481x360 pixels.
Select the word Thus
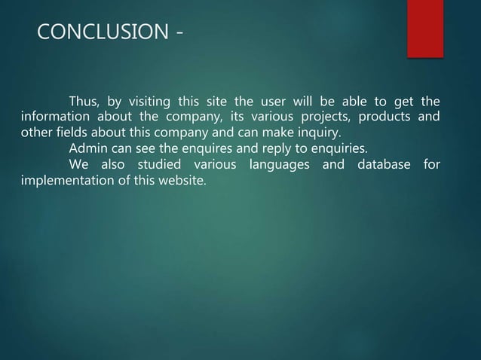[85, 103]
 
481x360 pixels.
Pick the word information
[54, 117]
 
